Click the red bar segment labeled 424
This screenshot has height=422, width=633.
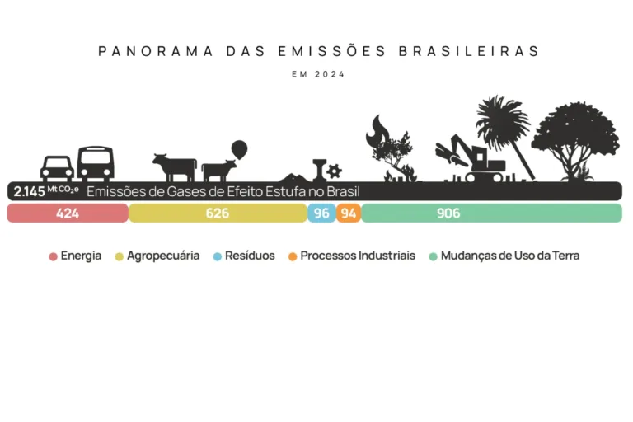(68, 213)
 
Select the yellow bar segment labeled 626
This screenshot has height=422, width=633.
(218, 213)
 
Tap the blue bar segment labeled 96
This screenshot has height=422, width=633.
(321, 213)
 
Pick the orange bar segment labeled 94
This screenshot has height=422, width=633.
(349, 213)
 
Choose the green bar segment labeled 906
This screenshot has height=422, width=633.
(491, 213)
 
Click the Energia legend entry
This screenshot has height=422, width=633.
(75, 256)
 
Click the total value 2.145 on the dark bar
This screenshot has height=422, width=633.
(29, 191)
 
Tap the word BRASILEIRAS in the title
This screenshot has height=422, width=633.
(469, 51)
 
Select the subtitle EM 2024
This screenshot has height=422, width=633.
(318, 74)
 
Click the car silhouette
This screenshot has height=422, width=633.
(57, 167)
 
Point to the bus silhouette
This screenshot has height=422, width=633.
(95, 163)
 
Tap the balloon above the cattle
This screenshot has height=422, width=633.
(239, 149)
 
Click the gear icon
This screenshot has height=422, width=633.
(334, 171)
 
